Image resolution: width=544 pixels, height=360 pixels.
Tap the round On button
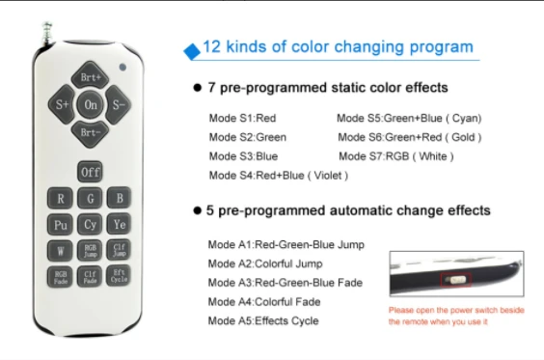90,104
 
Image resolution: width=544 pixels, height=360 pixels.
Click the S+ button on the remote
62,104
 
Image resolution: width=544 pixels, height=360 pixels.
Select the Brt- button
90,133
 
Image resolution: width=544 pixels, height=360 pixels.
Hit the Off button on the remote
90,172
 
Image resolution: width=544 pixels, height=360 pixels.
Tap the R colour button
60,198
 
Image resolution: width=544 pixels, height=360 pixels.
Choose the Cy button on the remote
90,224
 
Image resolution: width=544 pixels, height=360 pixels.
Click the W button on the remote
60,250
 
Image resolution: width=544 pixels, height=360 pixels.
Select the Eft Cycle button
119,276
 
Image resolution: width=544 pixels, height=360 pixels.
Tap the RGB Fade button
60,277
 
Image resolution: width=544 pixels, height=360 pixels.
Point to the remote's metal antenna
47,33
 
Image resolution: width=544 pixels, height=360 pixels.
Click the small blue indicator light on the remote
122,67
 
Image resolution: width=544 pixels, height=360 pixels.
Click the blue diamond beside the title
192,51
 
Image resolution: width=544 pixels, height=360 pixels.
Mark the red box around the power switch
455,280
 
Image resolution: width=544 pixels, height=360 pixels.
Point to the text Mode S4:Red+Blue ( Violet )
278,176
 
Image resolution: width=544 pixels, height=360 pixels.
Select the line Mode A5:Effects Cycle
263,320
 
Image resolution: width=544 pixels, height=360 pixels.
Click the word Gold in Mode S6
463,137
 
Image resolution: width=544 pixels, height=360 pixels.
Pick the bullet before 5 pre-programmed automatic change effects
197,210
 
